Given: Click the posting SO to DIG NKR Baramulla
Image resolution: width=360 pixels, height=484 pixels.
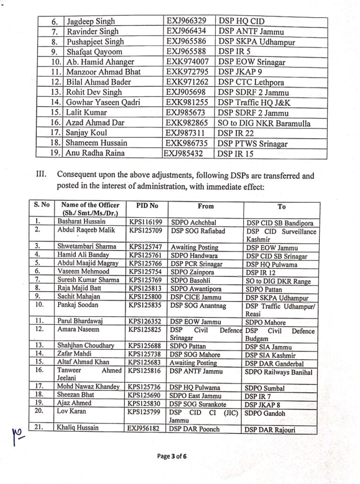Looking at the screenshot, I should pos(264,123).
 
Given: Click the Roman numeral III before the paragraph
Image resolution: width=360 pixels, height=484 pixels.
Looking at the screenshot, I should pos(42,175).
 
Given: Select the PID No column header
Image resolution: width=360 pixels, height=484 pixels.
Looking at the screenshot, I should pos(146,206).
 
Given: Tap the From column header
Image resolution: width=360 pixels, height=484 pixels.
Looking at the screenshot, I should pos(206,206).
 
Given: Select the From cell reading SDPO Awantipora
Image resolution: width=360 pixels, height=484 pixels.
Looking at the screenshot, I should pos(193,289).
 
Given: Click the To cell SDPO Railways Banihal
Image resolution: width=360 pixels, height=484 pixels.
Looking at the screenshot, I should pos(279,372).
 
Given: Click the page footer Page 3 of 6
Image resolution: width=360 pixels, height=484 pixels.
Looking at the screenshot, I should pos(172,456).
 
